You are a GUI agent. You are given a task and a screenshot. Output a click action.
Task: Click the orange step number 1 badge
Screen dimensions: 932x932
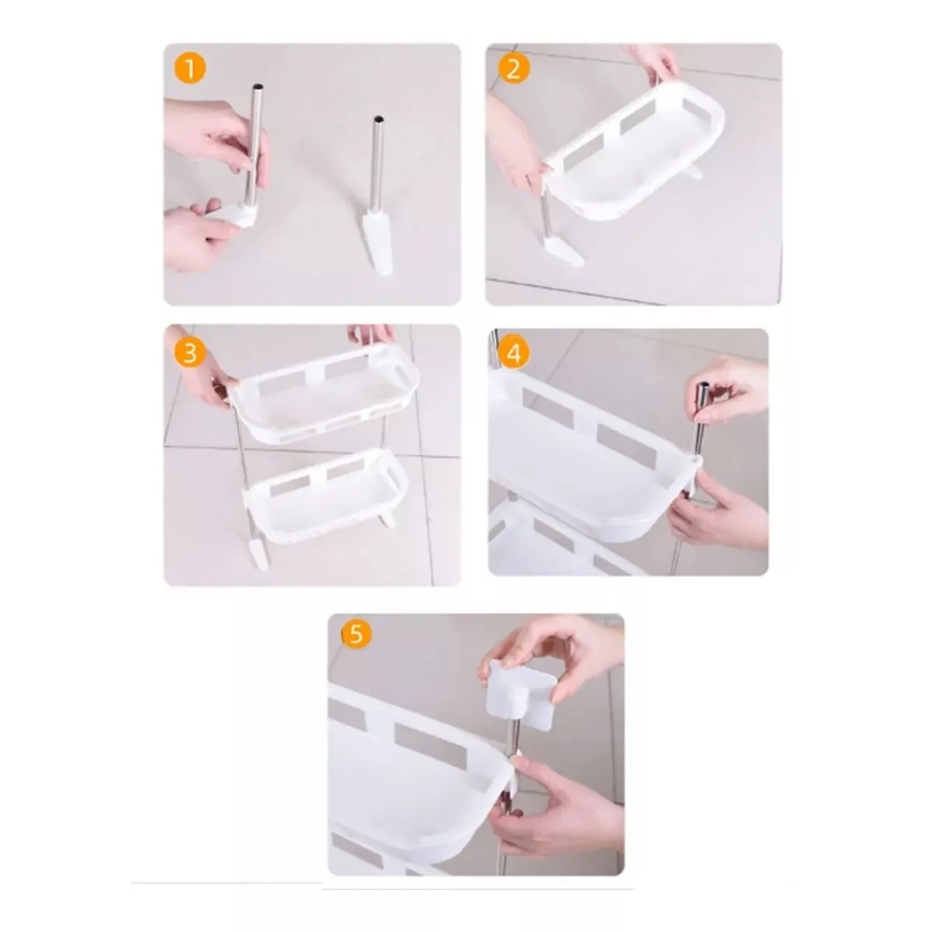(190, 68)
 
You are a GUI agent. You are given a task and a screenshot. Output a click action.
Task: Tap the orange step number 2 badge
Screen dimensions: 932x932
(513, 68)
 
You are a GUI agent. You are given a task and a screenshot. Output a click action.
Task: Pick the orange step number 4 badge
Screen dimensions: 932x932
(513, 353)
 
